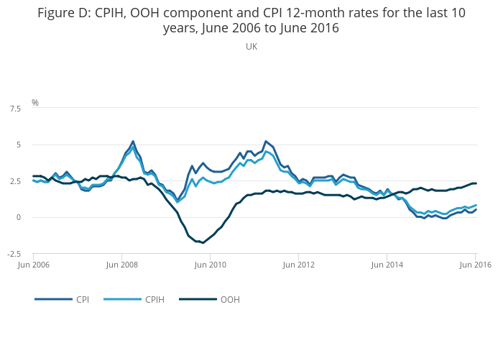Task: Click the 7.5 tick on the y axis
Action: (x=14, y=109)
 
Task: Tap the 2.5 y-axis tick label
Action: (x=14, y=181)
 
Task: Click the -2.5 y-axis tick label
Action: (x=14, y=254)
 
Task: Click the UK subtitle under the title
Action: (x=251, y=47)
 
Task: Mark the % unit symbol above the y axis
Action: (x=34, y=103)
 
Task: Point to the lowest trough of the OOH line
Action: (x=203, y=242)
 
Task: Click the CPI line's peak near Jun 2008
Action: (x=133, y=142)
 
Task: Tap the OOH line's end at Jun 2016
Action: (x=475, y=183)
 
